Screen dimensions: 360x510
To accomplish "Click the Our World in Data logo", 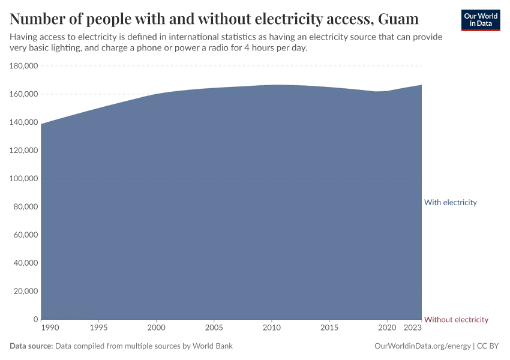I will [480, 20].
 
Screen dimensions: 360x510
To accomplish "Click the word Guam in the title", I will [398, 19].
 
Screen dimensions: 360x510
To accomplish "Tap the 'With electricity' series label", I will [450, 202].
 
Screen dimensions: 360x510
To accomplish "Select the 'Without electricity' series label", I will [456, 319].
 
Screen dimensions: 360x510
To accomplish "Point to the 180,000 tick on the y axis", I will [24, 66].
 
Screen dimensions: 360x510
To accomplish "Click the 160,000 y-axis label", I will [24, 94].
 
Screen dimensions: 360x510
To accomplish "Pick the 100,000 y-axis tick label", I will [24, 179].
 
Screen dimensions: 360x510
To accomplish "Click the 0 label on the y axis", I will [36, 319].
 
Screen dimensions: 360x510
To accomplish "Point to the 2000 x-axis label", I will [156, 328].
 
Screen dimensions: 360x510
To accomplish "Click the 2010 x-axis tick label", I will [271, 328].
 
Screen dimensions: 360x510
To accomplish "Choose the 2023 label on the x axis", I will [413, 328].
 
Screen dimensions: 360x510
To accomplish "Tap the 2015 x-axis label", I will [329, 328].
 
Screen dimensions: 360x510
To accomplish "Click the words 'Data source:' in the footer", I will [31, 346].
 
